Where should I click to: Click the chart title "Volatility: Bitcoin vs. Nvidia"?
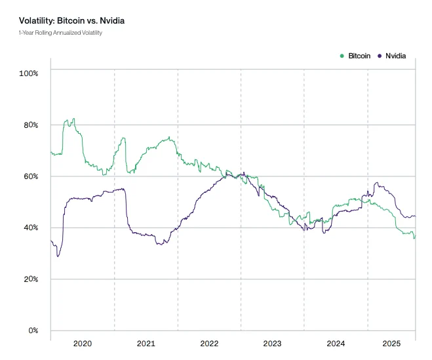point(69,21)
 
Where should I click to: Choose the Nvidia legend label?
point(395,56)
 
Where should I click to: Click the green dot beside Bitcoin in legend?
point(342,56)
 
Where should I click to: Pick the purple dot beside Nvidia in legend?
point(381,56)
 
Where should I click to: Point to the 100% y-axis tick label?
point(29,73)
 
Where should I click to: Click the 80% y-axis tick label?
point(30,125)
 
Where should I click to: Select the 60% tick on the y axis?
point(30,176)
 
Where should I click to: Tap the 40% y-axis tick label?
point(30,228)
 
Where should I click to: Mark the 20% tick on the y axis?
point(30,279)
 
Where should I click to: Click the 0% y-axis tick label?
point(32,330)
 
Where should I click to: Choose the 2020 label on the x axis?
point(83,344)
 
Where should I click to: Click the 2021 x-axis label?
point(146,344)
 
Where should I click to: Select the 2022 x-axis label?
point(209,344)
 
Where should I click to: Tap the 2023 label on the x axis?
point(272,344)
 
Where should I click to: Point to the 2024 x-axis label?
point(336,344)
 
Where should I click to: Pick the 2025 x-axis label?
point(391,344)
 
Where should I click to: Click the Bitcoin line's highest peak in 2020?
point(73,119)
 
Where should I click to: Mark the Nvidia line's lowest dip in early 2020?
point(58,255)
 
